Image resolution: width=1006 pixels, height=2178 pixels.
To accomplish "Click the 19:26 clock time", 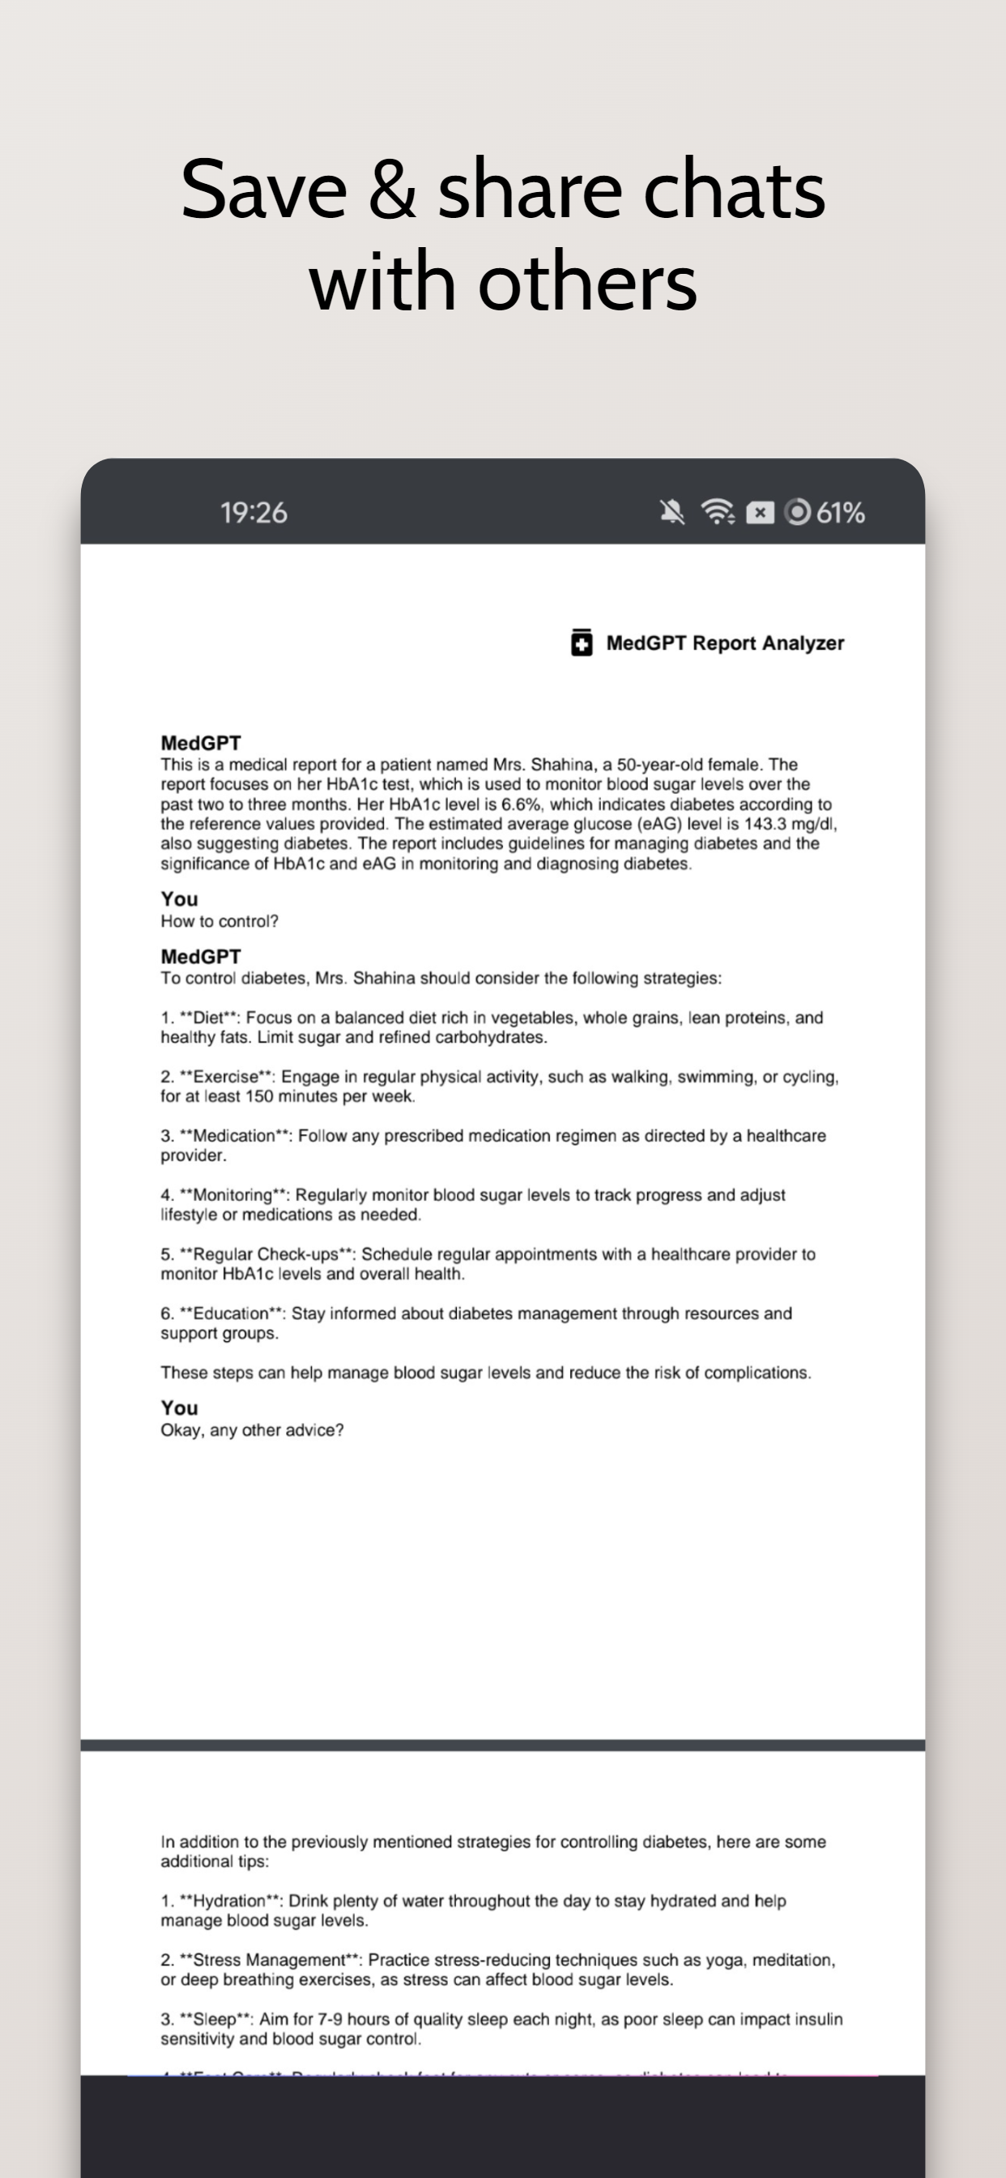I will point(254,512).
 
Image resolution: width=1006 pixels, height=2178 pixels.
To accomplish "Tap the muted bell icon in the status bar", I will point(672,511).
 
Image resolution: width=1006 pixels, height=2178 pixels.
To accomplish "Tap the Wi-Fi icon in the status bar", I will point(717,511).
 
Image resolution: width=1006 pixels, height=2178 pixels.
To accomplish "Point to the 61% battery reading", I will point(840,512).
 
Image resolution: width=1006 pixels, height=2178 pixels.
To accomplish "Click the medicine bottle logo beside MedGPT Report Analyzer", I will point(582,643).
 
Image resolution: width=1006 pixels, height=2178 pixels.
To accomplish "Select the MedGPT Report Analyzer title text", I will point(725,643).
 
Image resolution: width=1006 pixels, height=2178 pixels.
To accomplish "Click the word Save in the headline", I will point(264,190).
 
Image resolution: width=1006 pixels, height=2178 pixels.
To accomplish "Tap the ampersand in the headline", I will point(391,191).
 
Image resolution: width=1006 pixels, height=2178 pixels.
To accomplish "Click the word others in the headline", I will point(586,283).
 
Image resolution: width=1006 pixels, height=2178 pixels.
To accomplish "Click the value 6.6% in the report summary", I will point(521,804).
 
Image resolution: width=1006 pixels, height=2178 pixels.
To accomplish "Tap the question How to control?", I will point(219,921).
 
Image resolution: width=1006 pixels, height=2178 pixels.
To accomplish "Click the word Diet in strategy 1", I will point(208,1018).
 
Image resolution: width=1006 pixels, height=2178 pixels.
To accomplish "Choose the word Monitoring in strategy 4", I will point(232,1195).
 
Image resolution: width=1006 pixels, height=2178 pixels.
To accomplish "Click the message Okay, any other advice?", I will point(252,1431).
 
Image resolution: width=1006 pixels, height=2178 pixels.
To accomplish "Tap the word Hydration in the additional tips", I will point(229,1902).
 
